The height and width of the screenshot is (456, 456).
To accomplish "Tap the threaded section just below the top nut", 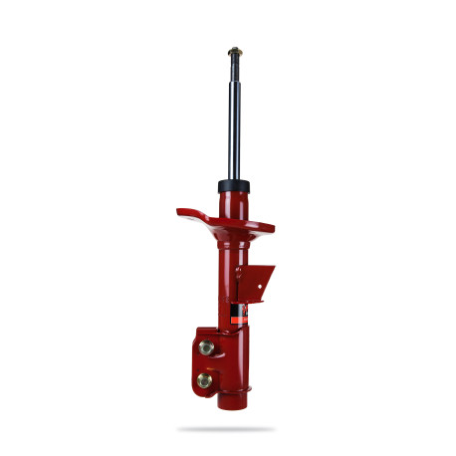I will point(235,65).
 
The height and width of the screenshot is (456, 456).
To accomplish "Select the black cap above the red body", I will point(236,186).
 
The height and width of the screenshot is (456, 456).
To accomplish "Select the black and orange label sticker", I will point(238,314).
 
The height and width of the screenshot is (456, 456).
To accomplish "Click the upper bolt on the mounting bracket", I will point(206,347).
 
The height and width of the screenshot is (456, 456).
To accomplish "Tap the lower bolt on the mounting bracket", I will point(205,379).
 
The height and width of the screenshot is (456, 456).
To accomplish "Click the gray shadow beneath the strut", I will point(227,428).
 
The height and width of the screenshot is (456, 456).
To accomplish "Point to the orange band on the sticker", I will point(238,309).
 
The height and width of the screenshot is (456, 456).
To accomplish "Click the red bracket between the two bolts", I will point(205,363).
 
